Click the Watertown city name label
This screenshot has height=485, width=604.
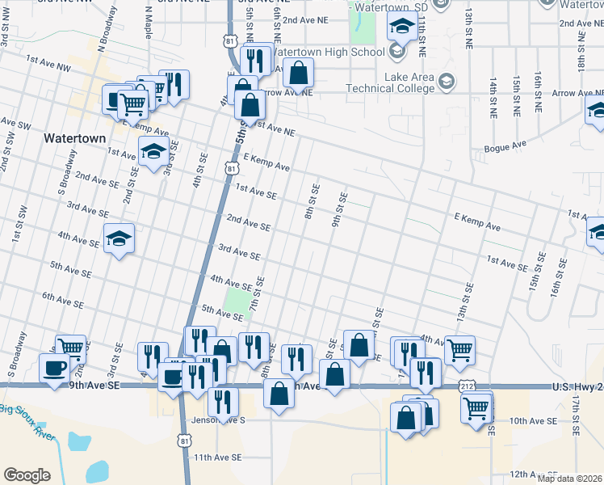tap(74, 138)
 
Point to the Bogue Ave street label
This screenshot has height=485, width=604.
tap(505, 146)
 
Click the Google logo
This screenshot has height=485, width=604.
tap(27, 474)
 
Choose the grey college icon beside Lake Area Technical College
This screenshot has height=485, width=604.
tap(447, 82)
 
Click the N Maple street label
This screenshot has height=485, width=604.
tap(148, 23)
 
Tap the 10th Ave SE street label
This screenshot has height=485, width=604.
tap(533, 421)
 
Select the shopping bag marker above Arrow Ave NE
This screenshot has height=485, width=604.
tap(298, 74)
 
